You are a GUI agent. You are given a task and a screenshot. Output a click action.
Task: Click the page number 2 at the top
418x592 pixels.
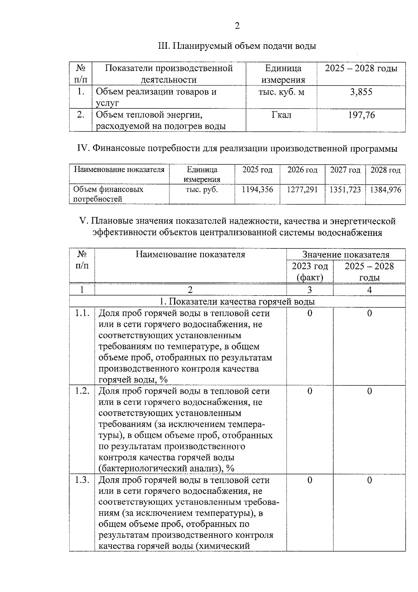tap(237, 26)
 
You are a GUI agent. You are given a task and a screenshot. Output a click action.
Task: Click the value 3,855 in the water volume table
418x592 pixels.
tap(361, 92)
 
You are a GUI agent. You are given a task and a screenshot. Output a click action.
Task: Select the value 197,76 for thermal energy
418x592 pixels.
tap(361, 115)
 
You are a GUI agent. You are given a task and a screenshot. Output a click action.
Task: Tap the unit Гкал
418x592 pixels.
tap(281, 115)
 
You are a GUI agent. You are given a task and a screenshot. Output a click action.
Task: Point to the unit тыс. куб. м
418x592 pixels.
tap(281, 92)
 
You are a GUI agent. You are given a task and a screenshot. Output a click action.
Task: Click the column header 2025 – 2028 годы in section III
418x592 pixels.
tap(361, 68)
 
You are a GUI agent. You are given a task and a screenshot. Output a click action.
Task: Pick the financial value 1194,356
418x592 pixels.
tap(257, 190)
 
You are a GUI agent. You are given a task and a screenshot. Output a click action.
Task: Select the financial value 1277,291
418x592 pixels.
tap(302, 190)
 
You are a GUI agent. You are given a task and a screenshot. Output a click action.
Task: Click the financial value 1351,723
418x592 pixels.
tap(345, 190)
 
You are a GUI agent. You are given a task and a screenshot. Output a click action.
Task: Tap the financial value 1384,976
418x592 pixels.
tap(386, 190)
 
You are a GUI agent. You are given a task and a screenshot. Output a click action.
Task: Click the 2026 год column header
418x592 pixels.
tap(302, 170)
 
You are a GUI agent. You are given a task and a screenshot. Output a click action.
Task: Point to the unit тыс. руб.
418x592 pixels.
tap(202, 190)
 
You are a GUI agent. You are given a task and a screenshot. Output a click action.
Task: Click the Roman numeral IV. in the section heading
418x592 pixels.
tap(84, 149)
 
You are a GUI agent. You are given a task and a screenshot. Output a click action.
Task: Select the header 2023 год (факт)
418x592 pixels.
tap(310, 272)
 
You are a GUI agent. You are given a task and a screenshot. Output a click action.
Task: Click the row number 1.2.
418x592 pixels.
tap(82, 391)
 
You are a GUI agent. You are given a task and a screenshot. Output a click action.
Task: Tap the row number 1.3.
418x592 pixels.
tap(82, 480)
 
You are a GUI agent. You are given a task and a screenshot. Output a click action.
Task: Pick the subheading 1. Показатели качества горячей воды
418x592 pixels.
tap(237, 301)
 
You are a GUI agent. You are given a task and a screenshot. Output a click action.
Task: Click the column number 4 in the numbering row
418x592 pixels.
tap(369, 290)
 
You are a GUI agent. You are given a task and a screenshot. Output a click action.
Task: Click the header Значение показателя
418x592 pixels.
tap(346, 254)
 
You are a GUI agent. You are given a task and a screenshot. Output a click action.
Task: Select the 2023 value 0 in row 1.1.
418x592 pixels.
tap(310, 313)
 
